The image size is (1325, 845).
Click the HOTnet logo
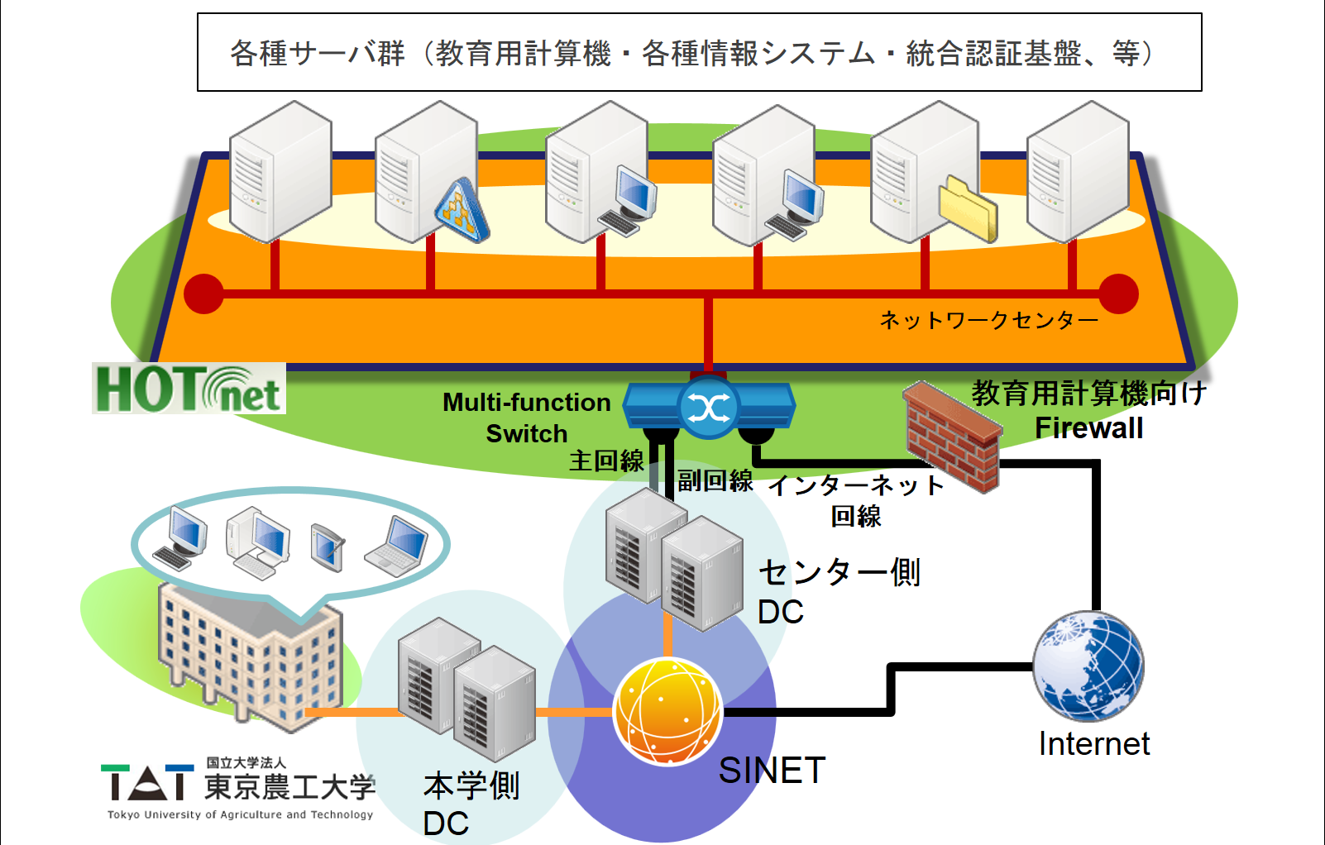(189, 389)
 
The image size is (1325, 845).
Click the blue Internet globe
(1088, 666)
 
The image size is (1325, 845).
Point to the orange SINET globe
(668, 711)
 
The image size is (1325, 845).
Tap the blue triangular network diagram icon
(462, 212)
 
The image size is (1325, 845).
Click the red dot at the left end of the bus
(203, 294)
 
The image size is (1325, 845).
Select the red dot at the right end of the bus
(1119, 294)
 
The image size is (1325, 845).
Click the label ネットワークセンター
(988, 320)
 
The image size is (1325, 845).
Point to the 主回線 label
(606, 461)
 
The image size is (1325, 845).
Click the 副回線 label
(715, 480)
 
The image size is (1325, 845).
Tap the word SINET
(771, 771)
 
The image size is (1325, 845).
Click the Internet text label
(1093, 744)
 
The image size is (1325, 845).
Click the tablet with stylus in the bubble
(328, 547)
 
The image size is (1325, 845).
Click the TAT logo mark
(147, 782)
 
